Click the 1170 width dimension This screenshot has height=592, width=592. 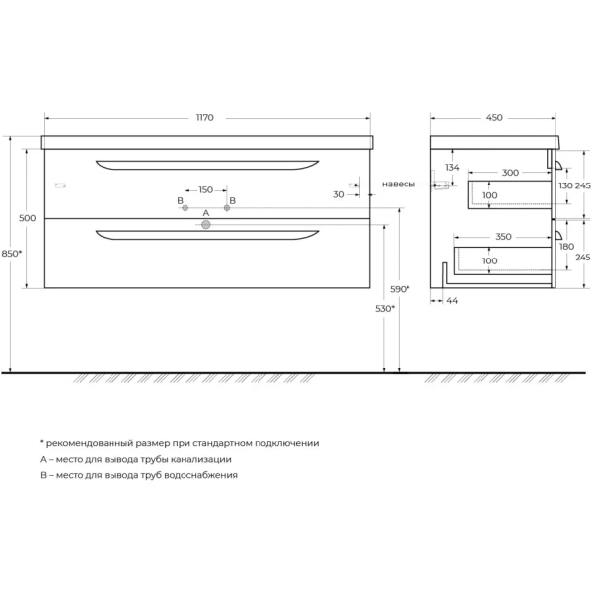(205, 118)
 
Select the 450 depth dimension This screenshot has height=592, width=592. (494, 118)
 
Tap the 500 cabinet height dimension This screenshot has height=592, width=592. (27, 218)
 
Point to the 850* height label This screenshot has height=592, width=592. (12, 254)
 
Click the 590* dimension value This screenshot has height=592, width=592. (400, 289)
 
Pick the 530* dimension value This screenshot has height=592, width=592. (385, 309)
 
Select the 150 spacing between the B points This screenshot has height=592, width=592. (205, 189)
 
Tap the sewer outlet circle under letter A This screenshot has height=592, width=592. (206, 226)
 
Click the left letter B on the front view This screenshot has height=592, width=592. (181, 201)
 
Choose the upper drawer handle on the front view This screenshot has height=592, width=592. (206, 164)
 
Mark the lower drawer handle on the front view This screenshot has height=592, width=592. (206, 235)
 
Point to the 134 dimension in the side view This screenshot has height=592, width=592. (452, 168)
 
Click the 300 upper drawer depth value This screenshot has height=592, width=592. (509, 173)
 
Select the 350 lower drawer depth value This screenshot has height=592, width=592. (503, 238)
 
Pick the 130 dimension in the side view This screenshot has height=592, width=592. (565, 186)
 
